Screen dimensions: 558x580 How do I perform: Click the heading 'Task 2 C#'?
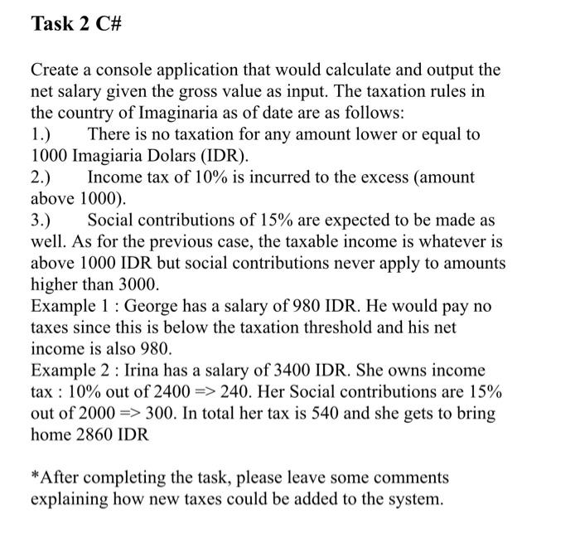click(x=76, y=24)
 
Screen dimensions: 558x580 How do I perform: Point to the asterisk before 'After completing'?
click(x=34, y=478)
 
